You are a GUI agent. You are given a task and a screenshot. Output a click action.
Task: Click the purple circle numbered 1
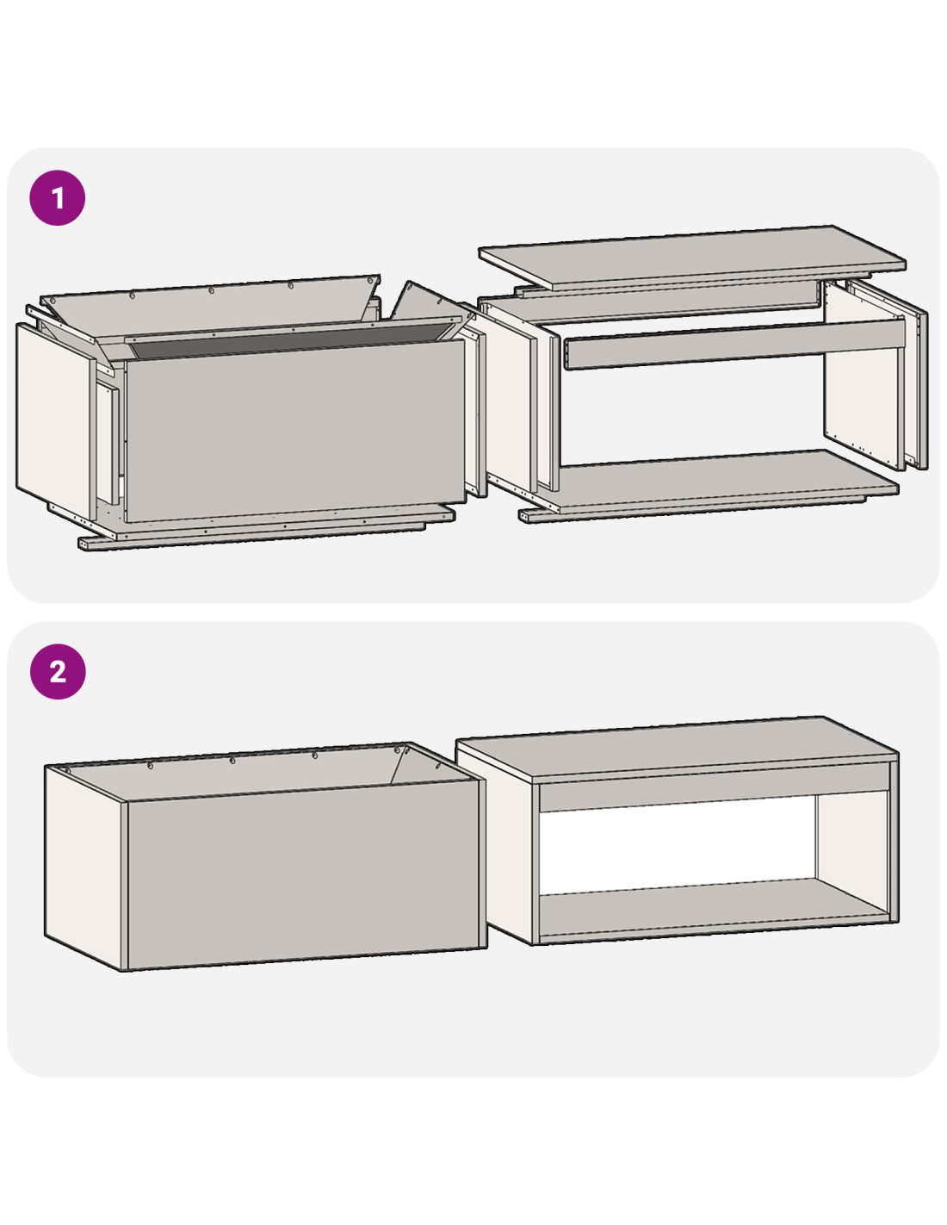(x=57, y=198)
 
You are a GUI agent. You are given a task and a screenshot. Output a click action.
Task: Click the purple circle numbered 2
(x=58, y=672)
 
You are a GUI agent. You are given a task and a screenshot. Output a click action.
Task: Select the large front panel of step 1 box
(x=296, y=431)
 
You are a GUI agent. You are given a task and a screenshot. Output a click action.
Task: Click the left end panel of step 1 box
(x=54, y=420)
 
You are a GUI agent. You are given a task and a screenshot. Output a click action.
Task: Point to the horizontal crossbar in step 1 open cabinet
(x=733, y=344)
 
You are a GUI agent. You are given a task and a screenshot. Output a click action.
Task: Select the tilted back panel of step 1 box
(x=208, y=308)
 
